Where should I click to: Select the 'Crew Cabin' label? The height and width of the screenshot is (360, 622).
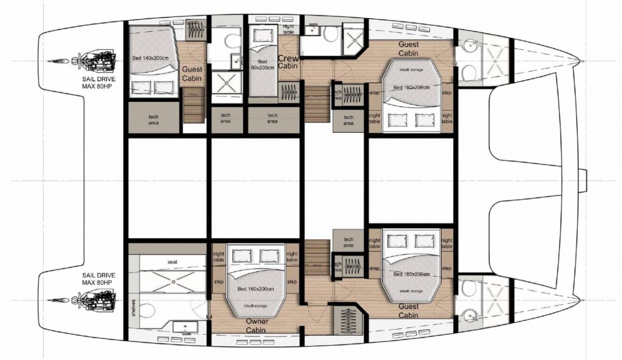pos(287,62)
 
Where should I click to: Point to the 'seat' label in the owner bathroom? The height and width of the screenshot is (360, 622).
pos(173,261)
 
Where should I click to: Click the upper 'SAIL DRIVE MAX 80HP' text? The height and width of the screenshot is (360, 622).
pos(98,82)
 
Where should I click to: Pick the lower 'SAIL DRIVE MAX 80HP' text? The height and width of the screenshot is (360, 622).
pos(98,279)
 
